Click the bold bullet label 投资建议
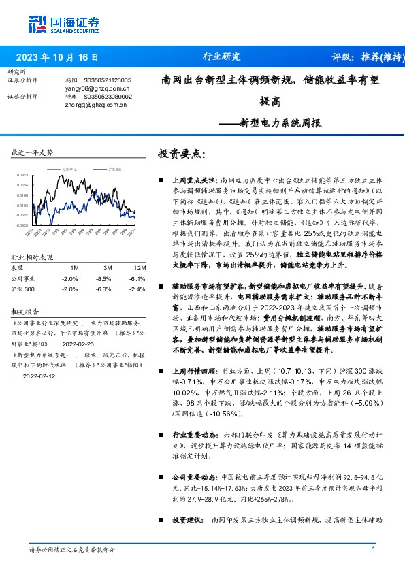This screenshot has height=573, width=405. [186, 519]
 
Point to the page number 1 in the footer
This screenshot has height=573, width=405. [374, 549]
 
